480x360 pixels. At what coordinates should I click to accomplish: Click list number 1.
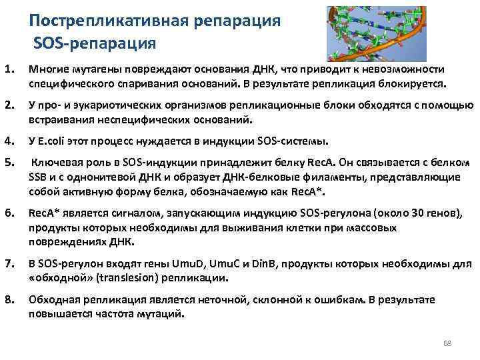tap(9, 69)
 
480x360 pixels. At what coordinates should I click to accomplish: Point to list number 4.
tap(9, 141)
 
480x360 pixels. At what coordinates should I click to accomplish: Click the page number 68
tap(448, 343)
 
